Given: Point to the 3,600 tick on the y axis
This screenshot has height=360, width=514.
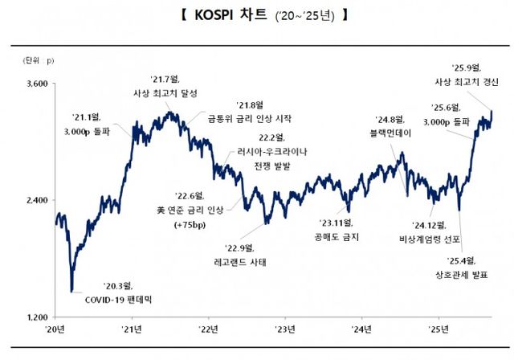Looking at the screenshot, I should tap(35, 84).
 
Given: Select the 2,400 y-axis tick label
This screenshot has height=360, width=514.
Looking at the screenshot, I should tap(35, 200).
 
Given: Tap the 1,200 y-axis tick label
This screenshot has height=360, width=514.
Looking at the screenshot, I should tap(35, 317).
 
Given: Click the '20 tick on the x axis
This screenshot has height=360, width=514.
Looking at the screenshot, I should tap(55, 329).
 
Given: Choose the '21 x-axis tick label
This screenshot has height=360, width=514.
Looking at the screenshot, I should tap(133, 329).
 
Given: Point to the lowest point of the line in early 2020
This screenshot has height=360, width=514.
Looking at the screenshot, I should tap(71, 291).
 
